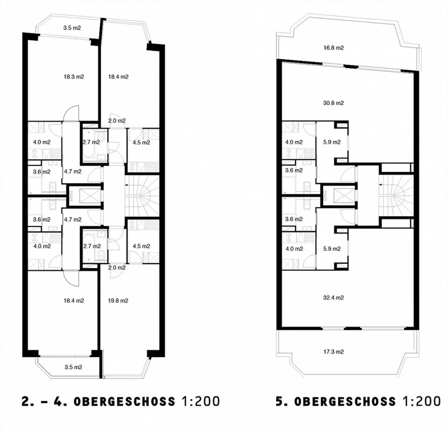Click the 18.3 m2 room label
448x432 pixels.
coord(74,77)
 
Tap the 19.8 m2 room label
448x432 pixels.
coord(118,301)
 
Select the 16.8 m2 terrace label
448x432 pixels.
coord(334,48)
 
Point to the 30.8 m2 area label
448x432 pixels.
coord(334,103)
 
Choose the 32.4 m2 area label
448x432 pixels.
coord(334,298)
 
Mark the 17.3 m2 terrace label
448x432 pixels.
coord(334,352)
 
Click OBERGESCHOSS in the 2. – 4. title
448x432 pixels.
coord(124,401)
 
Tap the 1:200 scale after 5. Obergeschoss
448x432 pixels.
coord(422,401)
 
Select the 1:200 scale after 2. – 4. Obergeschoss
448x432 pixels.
coord(200,401)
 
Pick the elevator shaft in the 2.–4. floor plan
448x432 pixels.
coord(85,196)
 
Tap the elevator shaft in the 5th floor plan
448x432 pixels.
coord(339,196)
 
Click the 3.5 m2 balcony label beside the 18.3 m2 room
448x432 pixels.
coord(72,28)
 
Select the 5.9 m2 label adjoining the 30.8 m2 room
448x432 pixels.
coord(332,142)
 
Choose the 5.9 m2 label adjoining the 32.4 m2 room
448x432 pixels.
coord(332,249)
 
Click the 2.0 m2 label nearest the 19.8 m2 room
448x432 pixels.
coord(117,267)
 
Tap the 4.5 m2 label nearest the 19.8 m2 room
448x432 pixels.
coord(141,246)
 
